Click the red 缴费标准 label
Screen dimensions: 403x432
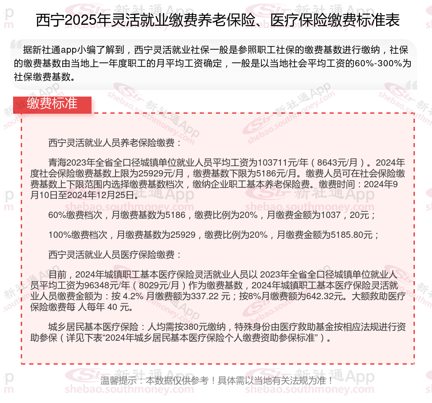(x=52, y=104)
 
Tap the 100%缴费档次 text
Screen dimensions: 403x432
(x=78, y=235)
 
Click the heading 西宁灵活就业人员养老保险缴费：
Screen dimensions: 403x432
(x=115, y=144)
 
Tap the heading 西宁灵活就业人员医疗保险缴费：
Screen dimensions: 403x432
(x=115, y=255)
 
